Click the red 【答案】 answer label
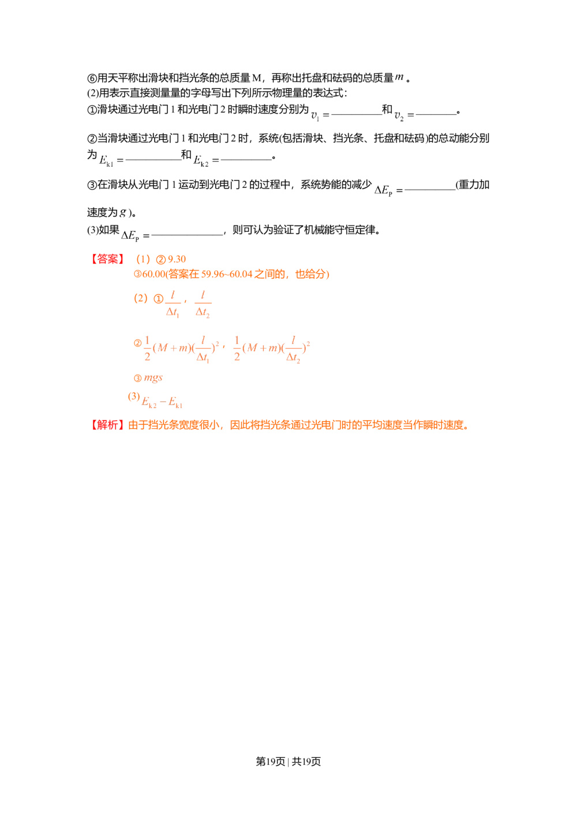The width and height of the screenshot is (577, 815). pos(108,259)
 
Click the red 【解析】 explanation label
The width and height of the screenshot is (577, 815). pos(108,426)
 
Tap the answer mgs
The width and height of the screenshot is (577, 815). pos(154,378)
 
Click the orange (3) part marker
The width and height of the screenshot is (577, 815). pos(133,397)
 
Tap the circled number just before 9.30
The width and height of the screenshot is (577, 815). pos(162,259)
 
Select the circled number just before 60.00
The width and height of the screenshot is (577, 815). pos(137,275)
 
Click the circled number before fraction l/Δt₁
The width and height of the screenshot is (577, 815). pos(156,299)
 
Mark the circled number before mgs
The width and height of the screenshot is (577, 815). pos(137,378)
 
